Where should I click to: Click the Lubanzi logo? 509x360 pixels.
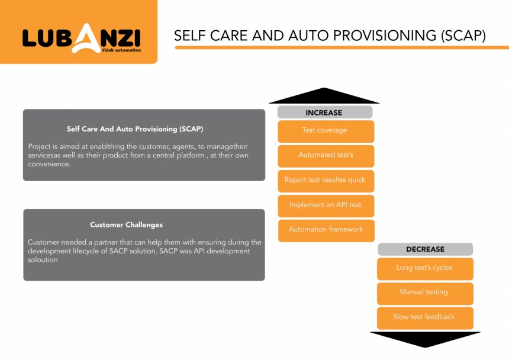(x=82, y=38)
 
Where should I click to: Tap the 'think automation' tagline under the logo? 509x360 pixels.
(x=121, y=50)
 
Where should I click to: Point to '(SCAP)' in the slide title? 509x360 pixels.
(x=463, y=36)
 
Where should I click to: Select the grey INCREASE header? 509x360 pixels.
(x=324, y=112)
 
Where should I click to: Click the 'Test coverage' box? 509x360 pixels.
(x=326, y=131)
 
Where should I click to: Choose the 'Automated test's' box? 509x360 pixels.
(x=326, y=156)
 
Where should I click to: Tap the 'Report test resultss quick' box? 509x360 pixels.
(x=326, y=181)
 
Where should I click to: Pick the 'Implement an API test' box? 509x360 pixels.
(x=326, y=206)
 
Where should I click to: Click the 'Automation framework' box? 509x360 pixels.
(x=326, y=230)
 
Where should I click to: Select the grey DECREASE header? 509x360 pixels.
(x=425, y=249)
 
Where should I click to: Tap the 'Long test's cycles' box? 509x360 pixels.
(x=425, y=269)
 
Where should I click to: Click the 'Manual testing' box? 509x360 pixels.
(x=425, y=294)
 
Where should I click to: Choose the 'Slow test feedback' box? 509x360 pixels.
(x=425, y=318)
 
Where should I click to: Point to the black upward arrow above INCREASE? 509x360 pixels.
(x=324, y=97)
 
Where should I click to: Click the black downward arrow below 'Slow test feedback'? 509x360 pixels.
(x=425, y=339)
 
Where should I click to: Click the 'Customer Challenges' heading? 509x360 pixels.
(x=126, y=224)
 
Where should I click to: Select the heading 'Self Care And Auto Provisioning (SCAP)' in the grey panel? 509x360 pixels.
(x=135, y=129)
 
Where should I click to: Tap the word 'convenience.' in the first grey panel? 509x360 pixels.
(x=49, y=164)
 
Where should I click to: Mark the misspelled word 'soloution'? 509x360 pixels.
(x=43, y=260)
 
